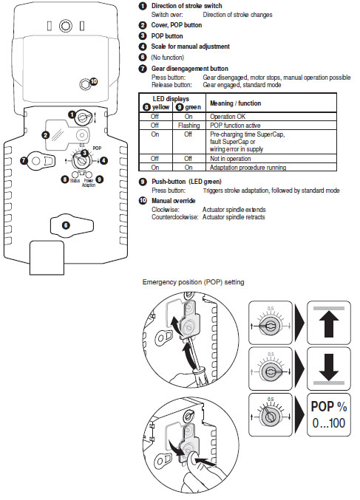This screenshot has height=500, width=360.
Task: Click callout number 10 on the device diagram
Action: (93, 81)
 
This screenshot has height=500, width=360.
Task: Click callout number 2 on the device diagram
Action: (46, 135)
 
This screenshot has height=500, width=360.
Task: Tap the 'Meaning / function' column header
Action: (235, 102)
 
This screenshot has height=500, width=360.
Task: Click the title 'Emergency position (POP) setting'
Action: (192, 282)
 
